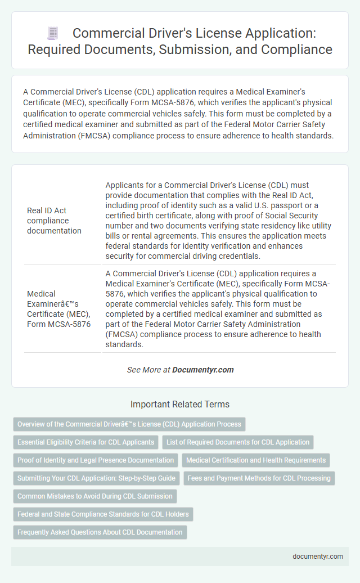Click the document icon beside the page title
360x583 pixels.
tap(52, 34)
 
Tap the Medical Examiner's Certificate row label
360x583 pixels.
tap(58, 309)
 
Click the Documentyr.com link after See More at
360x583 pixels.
tap(202, 370)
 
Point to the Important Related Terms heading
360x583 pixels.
tap(180, 404)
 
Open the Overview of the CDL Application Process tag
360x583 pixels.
tap(129, 424)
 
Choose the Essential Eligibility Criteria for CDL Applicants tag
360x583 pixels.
tap(85, 442)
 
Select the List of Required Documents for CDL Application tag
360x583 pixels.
tap(238, 442)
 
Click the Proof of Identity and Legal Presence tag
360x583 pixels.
tap(96, 460)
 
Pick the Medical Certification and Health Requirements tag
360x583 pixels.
tap(256, 460)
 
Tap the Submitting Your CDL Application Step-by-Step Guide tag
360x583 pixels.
tap(96, 478)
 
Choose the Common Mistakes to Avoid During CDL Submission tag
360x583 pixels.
tap(95, 496)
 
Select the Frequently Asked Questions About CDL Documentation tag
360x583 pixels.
tap(100, 532)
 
